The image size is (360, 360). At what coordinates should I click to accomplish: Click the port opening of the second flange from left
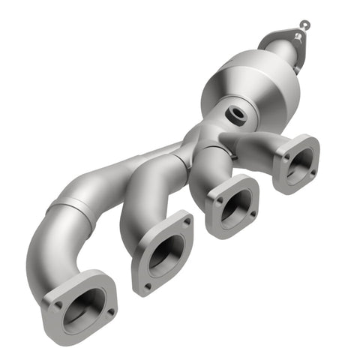(163, 255)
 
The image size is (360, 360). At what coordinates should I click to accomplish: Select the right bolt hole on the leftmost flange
(110, 310)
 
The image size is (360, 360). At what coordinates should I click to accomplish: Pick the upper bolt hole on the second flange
(184, 222)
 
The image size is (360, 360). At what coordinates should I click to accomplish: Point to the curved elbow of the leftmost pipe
(45, 247)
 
